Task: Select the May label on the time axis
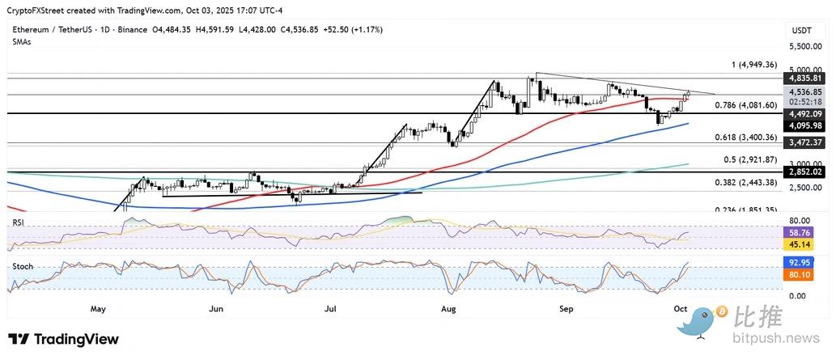pyautogui.click(x=99, y=309)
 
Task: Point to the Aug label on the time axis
pyautogui.click(x=448, y=309)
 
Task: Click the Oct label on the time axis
pyautogui.click(x=681, y=309)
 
